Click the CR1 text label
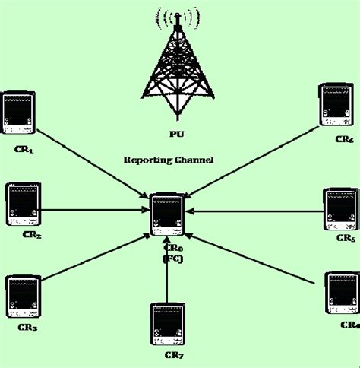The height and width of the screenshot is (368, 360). [24, 151]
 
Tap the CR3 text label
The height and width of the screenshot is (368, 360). [27, 328]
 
